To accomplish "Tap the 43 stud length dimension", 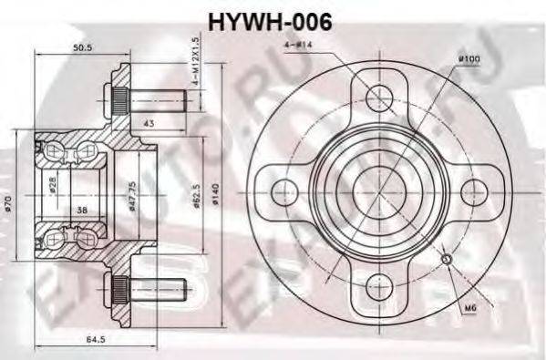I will tap(148, 121).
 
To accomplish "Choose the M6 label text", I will tap(470, 307).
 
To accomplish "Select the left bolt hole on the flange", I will tap(286, 190).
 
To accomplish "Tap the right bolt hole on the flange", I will tap(474, 191).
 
